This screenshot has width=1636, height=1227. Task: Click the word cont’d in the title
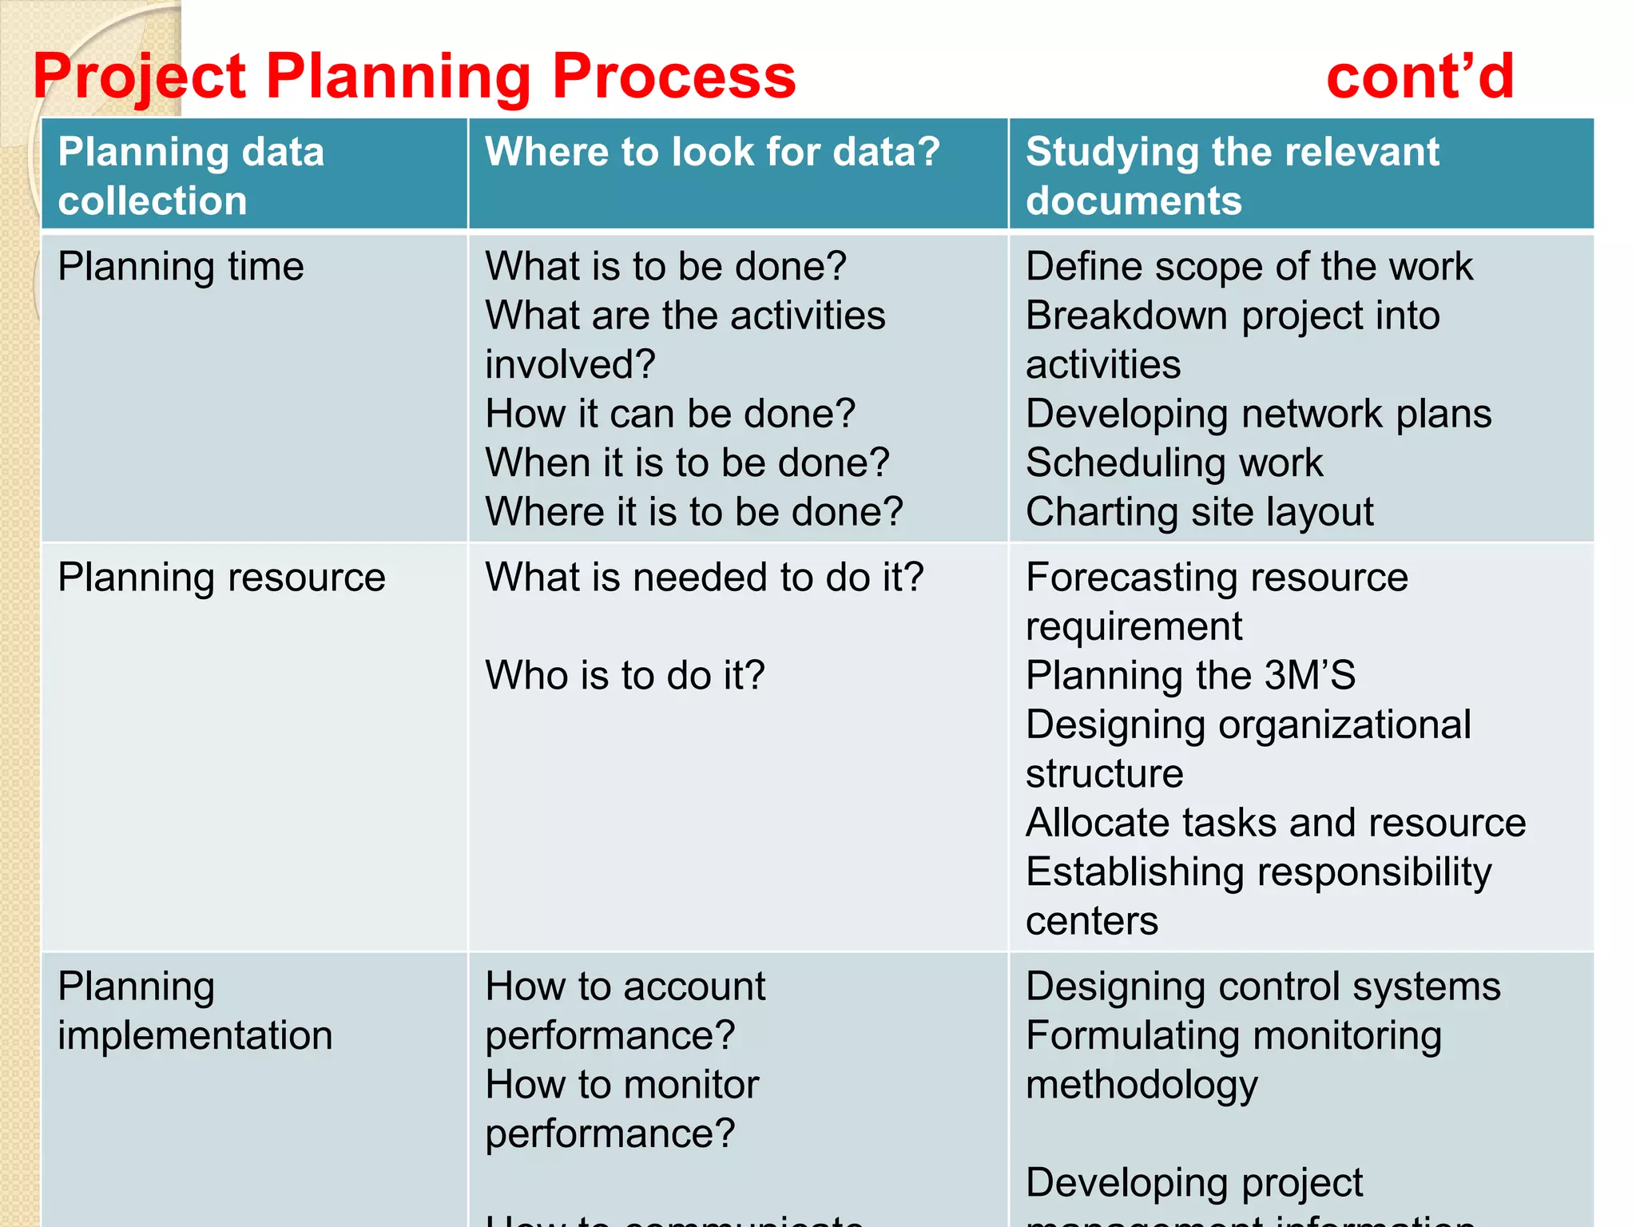[x=1420, y=77]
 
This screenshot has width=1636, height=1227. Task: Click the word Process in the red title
[x=673, y=77]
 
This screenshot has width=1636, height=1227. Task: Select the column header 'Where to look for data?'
[x=713, y=152]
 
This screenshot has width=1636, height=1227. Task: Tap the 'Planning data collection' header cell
[x=192, y=176]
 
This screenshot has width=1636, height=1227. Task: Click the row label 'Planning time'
[x=181, y=267]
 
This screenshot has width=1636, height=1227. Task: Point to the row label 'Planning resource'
[x=221, y=578]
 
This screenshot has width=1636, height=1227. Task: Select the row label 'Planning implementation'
[x=195, y=1011]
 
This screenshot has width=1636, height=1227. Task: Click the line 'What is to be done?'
[x=665, y=267]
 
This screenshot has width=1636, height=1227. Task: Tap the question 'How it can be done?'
[x=670, y=414]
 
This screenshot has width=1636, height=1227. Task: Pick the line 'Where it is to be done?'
[x=694, y=512]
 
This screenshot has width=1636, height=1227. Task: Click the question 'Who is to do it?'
[x=625, y=676]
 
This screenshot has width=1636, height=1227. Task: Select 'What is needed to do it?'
[x=705, y=578]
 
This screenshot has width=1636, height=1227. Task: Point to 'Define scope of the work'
[x=1249, y=267]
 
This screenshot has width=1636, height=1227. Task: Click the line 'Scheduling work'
[x=1174, y=463]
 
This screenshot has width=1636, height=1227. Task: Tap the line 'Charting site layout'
[x=1200, y=512]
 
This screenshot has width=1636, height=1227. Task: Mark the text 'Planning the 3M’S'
[x=1190, y=676]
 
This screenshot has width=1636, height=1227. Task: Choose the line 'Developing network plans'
[x=1258, y=414]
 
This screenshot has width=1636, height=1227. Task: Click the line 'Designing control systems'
[x=1263, y=987]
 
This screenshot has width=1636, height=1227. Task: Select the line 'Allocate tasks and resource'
[x=1276, y=823]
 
